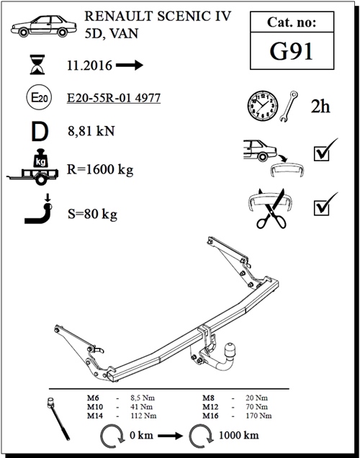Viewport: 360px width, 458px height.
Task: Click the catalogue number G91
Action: point(291,51)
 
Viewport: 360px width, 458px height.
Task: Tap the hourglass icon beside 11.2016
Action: point(37,65)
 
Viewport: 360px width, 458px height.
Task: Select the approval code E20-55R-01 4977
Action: point(114,98)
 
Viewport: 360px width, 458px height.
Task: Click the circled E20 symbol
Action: point(39,97)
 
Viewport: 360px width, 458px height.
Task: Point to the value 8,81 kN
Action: point(91,131)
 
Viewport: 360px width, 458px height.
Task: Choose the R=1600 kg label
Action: point(100,170)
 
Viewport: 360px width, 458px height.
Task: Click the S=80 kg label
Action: point(92,214)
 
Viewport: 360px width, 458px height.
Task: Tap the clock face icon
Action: point(263,105)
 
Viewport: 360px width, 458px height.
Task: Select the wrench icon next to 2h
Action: point(289,106)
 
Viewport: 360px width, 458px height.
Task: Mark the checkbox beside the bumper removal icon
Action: point(321,153)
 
